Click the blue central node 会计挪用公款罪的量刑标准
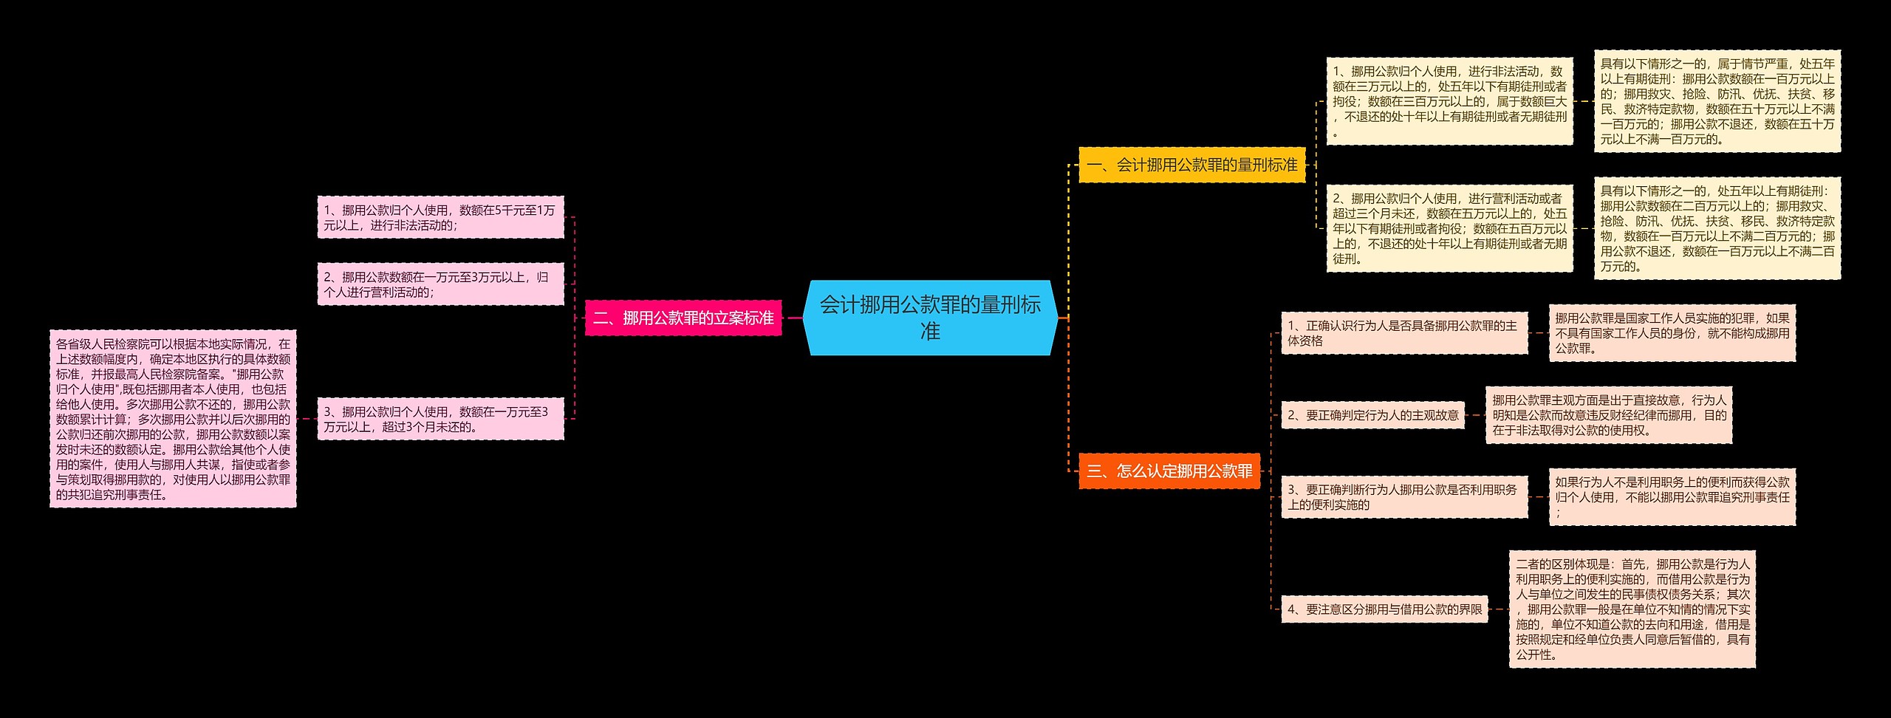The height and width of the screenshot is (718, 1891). (930, 318)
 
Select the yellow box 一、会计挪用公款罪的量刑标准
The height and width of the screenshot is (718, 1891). (1191, 165)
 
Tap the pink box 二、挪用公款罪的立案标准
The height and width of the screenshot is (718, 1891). (683, 318)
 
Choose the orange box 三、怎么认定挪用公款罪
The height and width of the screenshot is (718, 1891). (1169, 471)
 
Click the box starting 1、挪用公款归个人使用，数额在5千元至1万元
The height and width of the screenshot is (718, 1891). (440, 217)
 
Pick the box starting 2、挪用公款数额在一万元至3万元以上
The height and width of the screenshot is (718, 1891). (440, 284)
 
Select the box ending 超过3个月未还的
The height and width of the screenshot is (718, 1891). (440, 419)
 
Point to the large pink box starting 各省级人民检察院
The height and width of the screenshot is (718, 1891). (173, 419)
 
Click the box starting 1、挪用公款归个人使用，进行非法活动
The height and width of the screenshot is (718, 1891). (1449, 101)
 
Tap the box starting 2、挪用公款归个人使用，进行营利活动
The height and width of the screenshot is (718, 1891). (1449, 228)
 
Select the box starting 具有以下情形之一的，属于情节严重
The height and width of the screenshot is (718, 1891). (1717, 101)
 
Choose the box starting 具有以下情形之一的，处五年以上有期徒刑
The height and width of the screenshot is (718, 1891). (1717, 228)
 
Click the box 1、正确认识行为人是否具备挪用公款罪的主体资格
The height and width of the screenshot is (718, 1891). (1403, 333)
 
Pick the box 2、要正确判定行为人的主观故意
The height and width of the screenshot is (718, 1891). (1373, 415)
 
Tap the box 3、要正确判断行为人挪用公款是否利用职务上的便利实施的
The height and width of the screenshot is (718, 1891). (1403, 497)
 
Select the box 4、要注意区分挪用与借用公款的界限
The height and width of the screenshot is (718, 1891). (1384, 609)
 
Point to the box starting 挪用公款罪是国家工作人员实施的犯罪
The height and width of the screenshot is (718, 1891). (1672, 333)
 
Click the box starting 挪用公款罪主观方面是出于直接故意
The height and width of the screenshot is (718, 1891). (1608, 415)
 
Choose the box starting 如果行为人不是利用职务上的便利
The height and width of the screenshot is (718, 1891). (1672, 497)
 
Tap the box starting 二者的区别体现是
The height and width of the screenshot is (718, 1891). (1632, 609)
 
